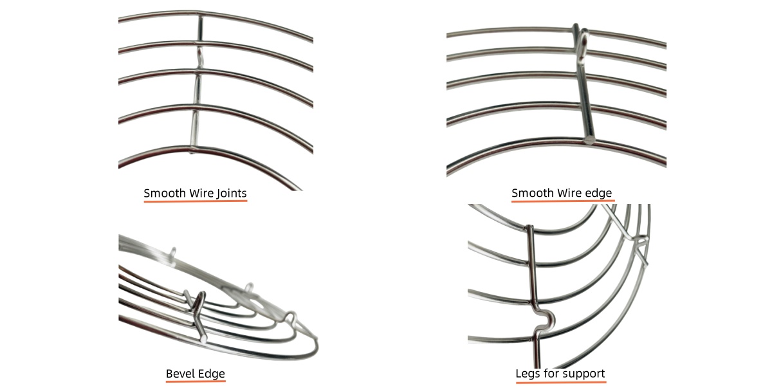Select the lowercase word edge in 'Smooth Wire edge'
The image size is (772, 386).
pyautogui.click(x=598, y=193)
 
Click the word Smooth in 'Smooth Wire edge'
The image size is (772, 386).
pyautogui.click(x=532, y=193)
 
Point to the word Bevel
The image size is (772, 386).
pyautogui.click(x=181, y=374)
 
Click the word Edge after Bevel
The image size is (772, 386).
pyautogui.click(x=212, y=374)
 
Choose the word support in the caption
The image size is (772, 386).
pyautogui.click(x=583, y=374)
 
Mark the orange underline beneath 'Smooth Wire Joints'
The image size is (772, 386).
pyautogui.click(x=195, y=201)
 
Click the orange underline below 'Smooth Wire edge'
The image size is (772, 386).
pyautogui.click(x=562, y=201)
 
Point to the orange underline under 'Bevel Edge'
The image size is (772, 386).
pyautogui.click(x=196, y=381)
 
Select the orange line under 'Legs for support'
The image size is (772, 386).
pyautogui.click(x=560, y=381)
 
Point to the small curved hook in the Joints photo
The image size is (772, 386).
pyautogui.click(x=201, y=55)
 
